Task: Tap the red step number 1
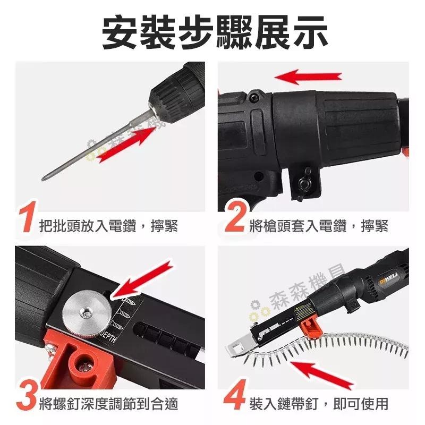(27, 217)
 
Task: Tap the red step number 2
(236, 217)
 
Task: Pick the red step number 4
(235, 395)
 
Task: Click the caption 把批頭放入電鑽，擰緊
(108, 226)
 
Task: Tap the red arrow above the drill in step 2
(308, 77)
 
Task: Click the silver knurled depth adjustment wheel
(87, 314)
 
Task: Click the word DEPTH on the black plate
(110, 337)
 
